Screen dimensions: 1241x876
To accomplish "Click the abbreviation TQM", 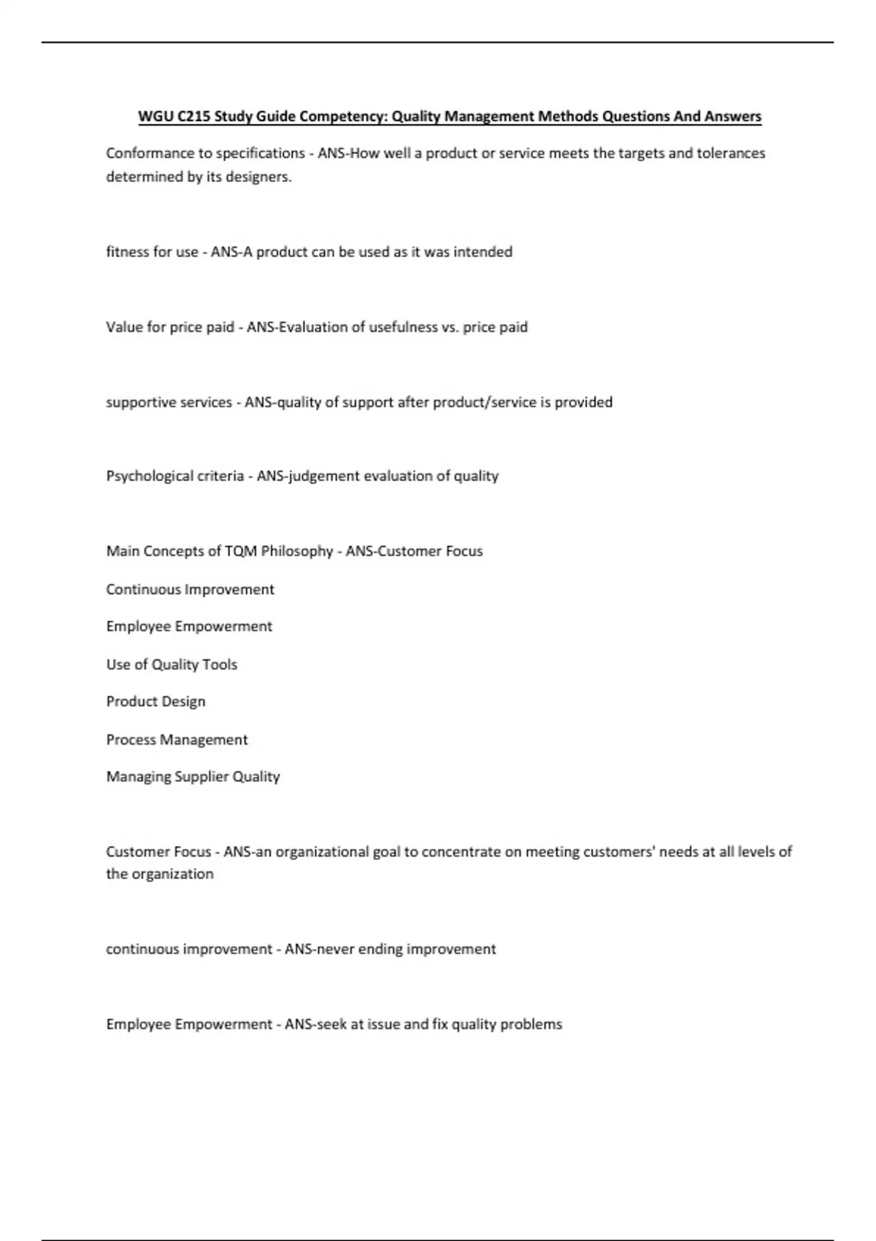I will tap(241, 551).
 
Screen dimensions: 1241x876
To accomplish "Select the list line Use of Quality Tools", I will tap(172, 664).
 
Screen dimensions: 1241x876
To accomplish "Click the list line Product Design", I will tap(155, 702).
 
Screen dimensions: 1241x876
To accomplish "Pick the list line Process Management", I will tap(177, 739).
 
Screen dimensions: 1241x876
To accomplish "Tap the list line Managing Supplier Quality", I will tap(193, 777).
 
